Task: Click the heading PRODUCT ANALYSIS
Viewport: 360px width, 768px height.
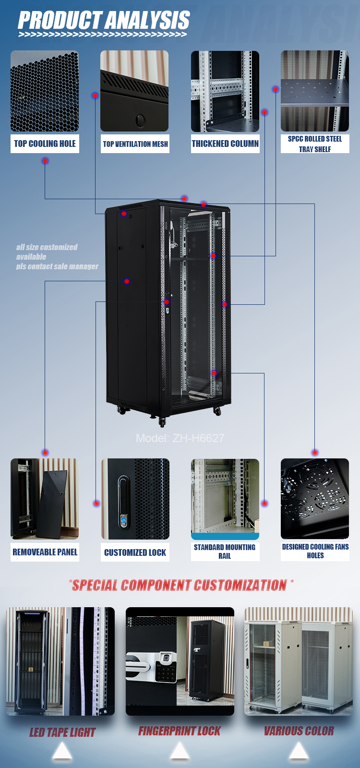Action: tap(104, 20)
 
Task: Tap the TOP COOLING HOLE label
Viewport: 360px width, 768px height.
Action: tap(45, 144)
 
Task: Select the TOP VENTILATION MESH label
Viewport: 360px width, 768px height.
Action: tap(135, 144)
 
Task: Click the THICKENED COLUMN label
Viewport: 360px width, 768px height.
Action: tap(225, 144)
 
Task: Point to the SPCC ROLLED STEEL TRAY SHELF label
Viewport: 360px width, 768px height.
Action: tap(315, 144)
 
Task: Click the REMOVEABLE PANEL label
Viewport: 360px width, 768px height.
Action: tap(45, 552)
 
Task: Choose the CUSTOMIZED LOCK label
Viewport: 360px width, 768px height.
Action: tap(135, 552)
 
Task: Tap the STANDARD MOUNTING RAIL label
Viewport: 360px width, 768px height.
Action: tap(225, 552)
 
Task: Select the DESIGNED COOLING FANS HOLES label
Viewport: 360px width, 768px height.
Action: tap(315, 551)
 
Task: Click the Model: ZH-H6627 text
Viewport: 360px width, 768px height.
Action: tap(180, 438)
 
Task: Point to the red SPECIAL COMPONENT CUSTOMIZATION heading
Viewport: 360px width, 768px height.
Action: tap(180, 585)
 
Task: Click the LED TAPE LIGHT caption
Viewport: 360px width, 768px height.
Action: tap(62, 732)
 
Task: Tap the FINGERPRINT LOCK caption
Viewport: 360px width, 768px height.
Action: tap(180, 731)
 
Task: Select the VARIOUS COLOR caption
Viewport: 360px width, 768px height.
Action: tap(299, 731)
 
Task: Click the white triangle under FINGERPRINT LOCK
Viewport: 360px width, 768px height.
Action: tap(180, 750)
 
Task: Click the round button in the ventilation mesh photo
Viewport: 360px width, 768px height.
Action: tap(140, 120)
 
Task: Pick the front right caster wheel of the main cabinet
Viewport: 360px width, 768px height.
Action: tap(217, 411)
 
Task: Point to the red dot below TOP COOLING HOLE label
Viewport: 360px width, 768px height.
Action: tap(45, 161)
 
